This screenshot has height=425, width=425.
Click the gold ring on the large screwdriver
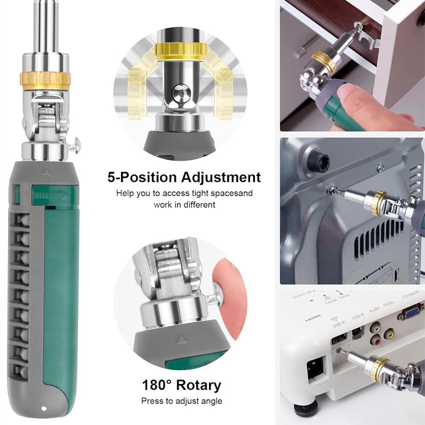(45, 80)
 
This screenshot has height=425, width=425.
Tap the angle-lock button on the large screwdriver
(76, 142)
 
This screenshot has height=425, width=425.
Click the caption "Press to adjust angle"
(181, 401)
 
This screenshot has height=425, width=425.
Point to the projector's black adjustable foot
(306, 410)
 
